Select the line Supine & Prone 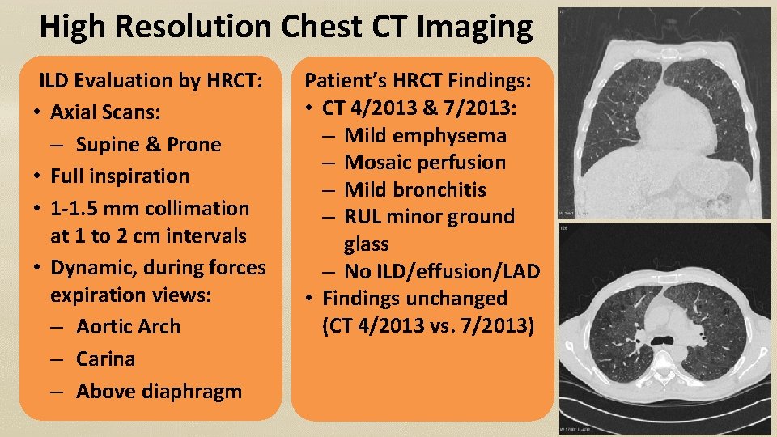click(148, 144)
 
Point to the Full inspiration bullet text click(120, 176)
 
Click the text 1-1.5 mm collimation click(150, 208)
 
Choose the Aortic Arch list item click(128, 326)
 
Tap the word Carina click(105, 359)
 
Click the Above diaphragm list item click(159, 391)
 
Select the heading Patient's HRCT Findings click(417, 80)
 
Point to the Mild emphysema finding click(425, 135)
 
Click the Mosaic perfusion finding click(425, 162)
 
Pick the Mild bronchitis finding click(415, 189)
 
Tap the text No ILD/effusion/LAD click(441, 271)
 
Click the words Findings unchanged click(415, 298)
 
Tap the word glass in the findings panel click(366, 244)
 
